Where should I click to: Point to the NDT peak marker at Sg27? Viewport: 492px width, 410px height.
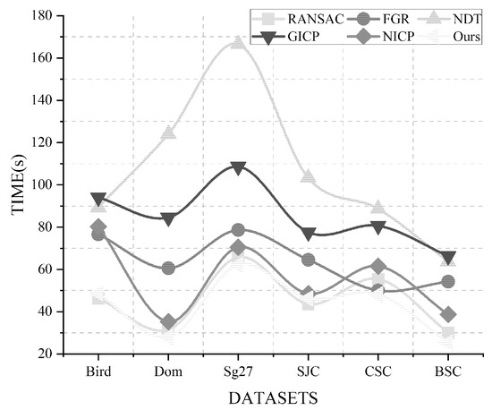[237, 42]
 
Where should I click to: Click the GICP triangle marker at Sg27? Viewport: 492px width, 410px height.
[237, 168]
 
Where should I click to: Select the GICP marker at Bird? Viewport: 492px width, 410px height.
[98, 200]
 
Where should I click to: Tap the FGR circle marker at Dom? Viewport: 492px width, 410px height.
[168, 268]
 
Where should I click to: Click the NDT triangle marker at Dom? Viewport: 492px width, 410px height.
[168, 133]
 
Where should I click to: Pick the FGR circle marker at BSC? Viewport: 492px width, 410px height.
[447, 281]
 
